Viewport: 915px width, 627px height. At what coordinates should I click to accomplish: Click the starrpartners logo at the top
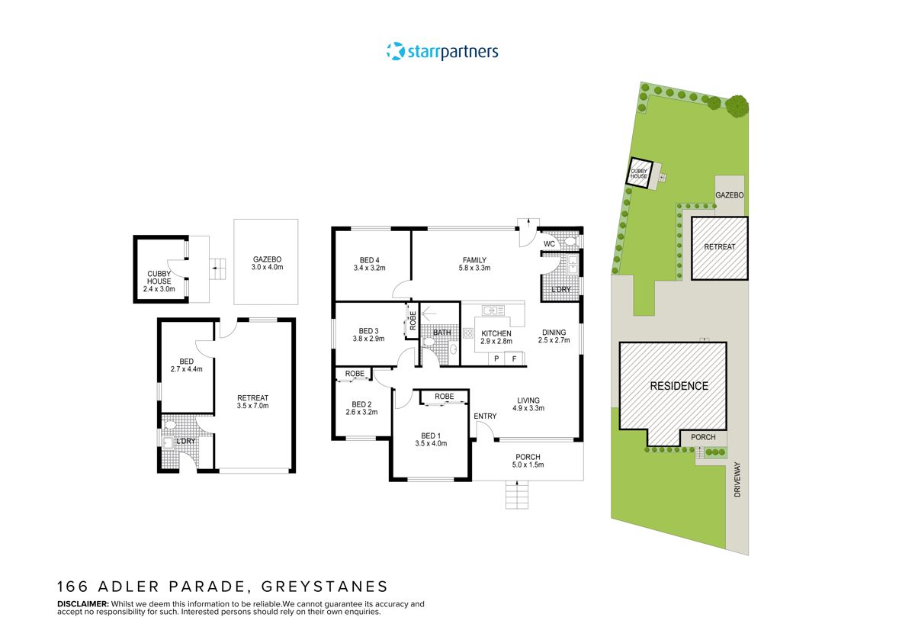(x=442, y=52)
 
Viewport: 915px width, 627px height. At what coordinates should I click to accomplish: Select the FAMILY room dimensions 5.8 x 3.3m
(x=474, y=268)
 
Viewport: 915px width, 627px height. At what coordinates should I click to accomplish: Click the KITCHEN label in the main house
(x=496, y=333)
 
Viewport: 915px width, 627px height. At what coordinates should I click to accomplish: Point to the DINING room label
(x=554, y=332)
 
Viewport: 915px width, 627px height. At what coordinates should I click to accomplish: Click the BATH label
(x=441, y=333)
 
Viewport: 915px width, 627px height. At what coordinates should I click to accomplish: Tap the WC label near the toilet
(x=548, y=244)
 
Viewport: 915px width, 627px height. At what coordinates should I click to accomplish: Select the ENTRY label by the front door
(x=485, y=416)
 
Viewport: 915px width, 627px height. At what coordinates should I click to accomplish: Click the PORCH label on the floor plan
(x=528, y=457)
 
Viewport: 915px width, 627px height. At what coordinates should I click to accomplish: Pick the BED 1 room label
(x=431, y=435)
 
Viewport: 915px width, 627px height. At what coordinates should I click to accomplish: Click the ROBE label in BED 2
(x=354, y=374)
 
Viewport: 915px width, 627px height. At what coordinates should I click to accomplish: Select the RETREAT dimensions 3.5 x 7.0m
(x=253, y=406)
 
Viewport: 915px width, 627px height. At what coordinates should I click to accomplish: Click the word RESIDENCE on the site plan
(x=679, y=386)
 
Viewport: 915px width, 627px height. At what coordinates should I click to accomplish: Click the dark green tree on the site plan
(x=737, y=106)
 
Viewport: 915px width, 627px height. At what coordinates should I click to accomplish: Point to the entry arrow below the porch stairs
(x=517, y=484)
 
